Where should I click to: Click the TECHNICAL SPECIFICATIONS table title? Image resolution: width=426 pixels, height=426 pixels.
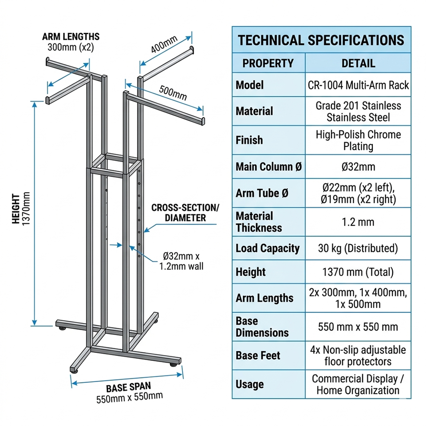click(x=321, y=40)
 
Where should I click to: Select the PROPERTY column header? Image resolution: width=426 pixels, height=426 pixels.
click(x=268, y=63)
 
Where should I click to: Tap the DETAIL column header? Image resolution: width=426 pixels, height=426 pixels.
click(x=358, y=63)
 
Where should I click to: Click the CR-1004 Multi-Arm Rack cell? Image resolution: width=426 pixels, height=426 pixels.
click(x=358, y=85)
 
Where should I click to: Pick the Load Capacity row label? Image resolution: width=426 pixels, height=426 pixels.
click(x=268, y=248)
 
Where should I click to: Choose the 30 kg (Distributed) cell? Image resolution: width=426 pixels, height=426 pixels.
click(x=358, y=248)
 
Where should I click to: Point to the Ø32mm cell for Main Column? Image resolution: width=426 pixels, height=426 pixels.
click(x=358, y=167)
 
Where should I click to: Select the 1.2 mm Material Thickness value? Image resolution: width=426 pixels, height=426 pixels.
click(x=358, y=222)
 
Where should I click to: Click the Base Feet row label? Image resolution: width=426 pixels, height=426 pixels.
click(x=258, y=355)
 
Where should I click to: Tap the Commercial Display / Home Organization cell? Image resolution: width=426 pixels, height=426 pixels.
click(x=358, y=385)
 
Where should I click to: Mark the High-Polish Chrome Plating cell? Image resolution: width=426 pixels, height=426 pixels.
click(x=358, y=140)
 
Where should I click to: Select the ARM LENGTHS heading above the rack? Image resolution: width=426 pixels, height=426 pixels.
click(x=71, y=36)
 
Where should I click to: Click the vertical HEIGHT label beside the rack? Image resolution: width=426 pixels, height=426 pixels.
click(x=16, y=209)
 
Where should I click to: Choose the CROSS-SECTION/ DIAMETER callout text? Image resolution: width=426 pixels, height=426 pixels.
click(x=185, y=213)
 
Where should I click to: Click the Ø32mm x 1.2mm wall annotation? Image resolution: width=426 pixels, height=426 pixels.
click(x=181, y=261)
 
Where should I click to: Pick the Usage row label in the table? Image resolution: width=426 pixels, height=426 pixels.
click(x=250, y=384)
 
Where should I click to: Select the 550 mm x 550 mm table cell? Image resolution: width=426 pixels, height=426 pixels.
click(x=358, y=327)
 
